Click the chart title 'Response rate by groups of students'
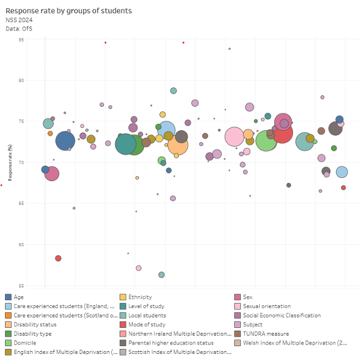tap(69, 11)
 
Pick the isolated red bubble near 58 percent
tap(58, 259)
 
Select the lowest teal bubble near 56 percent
tap(162, 275)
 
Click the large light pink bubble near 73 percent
tap(234, 136)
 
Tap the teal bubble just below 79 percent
tap(173, 91)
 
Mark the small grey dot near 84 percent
tap(229, 49)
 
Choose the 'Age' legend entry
tap(18, 297)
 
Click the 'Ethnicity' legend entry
tap(140, 297)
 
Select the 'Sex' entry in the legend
tap(248, 297)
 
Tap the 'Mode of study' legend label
tap(147, 325)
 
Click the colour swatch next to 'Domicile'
tap(8, 343)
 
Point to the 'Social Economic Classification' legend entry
tap(281, 316)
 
